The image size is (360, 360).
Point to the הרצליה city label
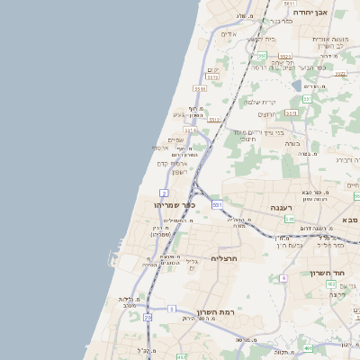(x=223, y=257)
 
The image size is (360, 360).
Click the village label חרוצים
(x=267, y=114)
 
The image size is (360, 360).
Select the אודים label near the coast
(x=229, y=34)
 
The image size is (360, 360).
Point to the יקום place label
(x=212, y=69)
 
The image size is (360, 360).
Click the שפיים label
(x=175, y=139)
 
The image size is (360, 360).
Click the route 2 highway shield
(x=164, y=193)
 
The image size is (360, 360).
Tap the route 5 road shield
(x=171, y=308)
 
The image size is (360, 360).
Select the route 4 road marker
(x=283, y=278)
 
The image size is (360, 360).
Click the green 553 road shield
(x=306, y=98)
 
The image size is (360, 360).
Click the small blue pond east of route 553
(x=296, y=86)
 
